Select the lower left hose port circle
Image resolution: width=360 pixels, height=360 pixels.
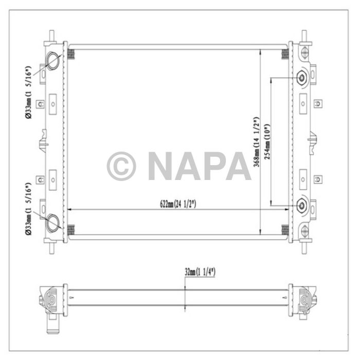click(52, 223)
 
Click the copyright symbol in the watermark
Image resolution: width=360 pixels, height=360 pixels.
click(121, 166)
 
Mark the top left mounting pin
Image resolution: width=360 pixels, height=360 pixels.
click(52, 35)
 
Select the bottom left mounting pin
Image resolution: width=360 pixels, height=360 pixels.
click(52, 246)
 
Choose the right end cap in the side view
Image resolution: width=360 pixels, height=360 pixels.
click(304, 299)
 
